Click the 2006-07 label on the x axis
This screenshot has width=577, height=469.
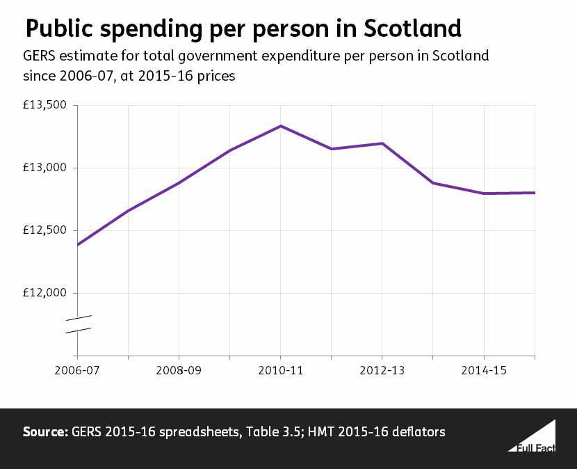point(77,372)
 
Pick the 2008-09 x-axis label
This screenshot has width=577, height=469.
point(179,372)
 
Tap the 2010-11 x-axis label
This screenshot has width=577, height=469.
point(280,372)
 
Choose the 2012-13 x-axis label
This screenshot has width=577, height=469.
point(382,372)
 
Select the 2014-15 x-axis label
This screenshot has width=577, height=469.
point(484,372)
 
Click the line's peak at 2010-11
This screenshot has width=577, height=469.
point(280,126)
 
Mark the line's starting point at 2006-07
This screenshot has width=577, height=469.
point(77,245)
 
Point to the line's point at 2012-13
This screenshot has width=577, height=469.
point(382,143)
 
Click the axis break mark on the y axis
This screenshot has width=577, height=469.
point(78,324)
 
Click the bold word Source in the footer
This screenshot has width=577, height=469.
point(44,432)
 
